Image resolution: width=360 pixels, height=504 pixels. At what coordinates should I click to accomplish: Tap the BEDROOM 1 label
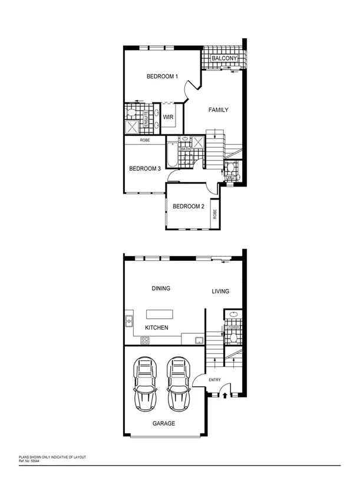pos(163,77)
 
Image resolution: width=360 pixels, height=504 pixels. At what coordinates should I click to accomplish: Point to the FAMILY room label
pos(218,110)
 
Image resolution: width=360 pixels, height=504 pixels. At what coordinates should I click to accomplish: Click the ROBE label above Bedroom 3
pos(145,140)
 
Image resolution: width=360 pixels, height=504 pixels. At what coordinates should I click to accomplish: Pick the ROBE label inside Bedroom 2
pos(215,214)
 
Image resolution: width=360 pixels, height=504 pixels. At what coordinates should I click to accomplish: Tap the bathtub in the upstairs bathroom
pos(171,153)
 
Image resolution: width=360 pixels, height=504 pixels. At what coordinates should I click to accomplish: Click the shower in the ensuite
pos(131,127)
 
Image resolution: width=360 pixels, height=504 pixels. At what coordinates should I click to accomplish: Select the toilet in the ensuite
pos(131,114)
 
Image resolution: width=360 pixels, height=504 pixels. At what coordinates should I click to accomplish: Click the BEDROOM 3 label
pos(145,169)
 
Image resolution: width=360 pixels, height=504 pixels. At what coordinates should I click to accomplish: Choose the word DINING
pos(161,289)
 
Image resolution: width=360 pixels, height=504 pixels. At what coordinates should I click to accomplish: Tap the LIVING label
pos(220,291)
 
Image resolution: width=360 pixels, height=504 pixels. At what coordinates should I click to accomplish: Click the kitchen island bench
pos(159,314)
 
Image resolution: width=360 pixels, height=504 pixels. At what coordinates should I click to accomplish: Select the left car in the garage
pos(145,383)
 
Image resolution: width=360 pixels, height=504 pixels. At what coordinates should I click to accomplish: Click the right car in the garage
pos(178,383)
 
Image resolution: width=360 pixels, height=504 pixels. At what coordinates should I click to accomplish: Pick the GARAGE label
pos(164,423)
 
